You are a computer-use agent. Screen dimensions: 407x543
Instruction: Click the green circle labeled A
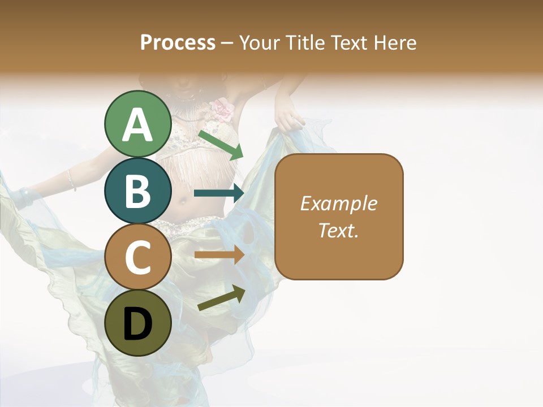[x=137, y=124]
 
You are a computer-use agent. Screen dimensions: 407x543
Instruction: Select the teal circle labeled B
[x=137, y=190]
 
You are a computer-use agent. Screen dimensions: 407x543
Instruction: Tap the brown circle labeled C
[x=137, y=257]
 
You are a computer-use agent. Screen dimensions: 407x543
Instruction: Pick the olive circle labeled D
[x=137, y=323]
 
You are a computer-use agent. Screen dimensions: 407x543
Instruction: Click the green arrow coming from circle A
[x=221, y=144]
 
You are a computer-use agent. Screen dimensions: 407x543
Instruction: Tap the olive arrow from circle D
[x=221, y=298]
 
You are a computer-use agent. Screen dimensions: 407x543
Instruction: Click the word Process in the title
[x=178, y=42]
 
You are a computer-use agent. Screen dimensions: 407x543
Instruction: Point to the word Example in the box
[x=338, y=203]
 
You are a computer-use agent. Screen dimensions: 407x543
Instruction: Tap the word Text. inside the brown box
[x=338, y=230]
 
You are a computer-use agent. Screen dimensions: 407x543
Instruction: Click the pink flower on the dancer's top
[x=222, y=109]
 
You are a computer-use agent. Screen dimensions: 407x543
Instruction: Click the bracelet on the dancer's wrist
[x=71, y=180]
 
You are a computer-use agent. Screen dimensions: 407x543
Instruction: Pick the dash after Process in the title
[x=227, y=43]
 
